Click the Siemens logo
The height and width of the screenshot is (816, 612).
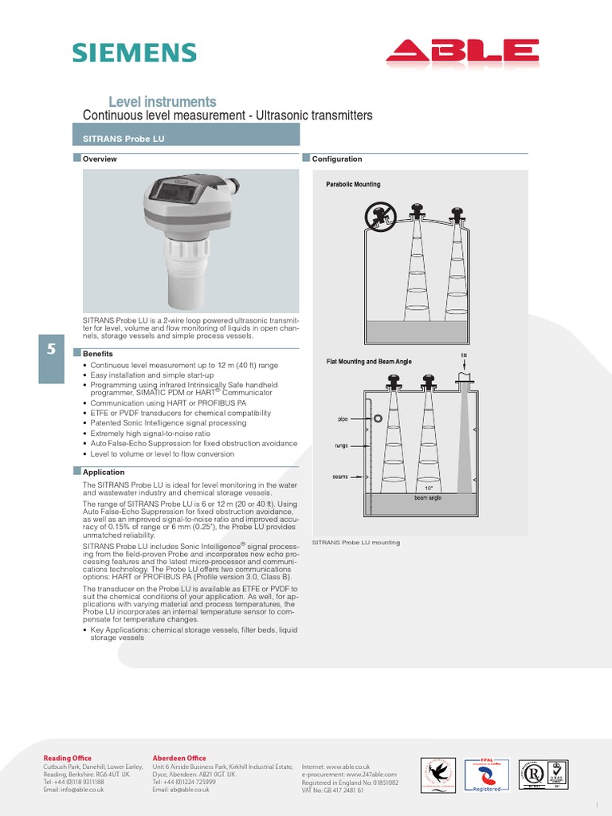134,53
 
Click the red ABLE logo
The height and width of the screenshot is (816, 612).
462,53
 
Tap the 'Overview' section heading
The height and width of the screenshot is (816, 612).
100,159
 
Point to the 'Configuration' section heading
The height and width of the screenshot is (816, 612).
336,159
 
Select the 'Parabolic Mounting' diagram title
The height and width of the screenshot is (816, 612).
353,184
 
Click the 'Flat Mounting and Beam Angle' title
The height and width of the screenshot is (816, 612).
369,362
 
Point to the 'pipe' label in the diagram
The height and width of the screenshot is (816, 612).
343,418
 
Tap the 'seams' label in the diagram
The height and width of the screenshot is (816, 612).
340,477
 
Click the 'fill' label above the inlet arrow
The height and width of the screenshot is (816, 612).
464,355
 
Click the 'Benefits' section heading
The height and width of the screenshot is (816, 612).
97,354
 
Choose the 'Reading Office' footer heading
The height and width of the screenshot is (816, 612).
67,758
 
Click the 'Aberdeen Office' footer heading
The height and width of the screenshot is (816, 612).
179,758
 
